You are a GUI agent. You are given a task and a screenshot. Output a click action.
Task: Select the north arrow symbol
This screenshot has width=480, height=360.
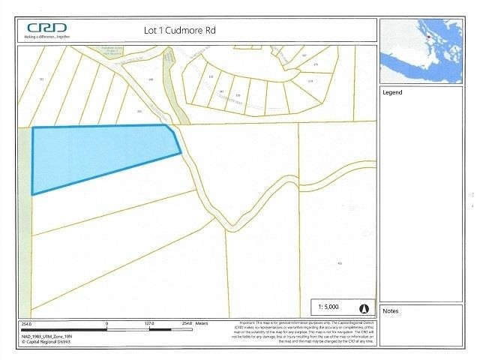click(365, 308)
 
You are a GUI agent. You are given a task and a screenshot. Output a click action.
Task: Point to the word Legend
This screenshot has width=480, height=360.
click(392, 93)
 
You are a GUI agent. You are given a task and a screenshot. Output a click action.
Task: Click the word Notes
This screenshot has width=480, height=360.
click(391, 310)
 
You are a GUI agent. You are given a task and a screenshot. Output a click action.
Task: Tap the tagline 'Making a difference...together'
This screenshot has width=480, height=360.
click(47, 35)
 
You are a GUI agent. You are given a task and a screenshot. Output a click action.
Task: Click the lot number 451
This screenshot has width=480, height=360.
click(340, 264)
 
